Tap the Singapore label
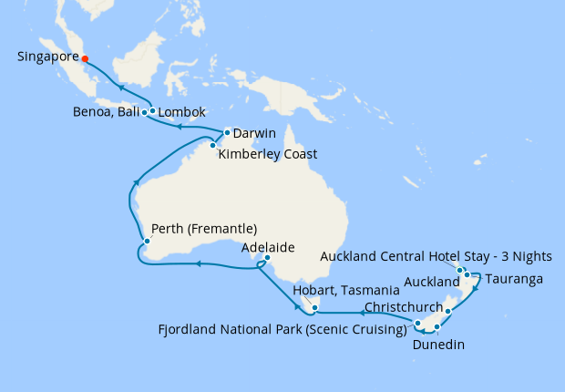click(x=46, y=57)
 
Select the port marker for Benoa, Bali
click(x=145, y=113)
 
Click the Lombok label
click(x=183, y=113)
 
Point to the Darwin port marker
click(x=227, y=133)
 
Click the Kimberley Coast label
click(x=268, y=154)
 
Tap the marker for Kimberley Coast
click(x=212, y=145)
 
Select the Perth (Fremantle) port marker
click(x=145, y=242)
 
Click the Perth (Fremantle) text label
click(x=204, y=228)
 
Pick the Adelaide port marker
click(x=266, y=259)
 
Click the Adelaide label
click(x=268, y=247)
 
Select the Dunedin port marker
click(x=437, y=326)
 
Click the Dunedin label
click(x=438, y=345)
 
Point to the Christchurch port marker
click(x=448, y=312)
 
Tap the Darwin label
click(x=254, y=134)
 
